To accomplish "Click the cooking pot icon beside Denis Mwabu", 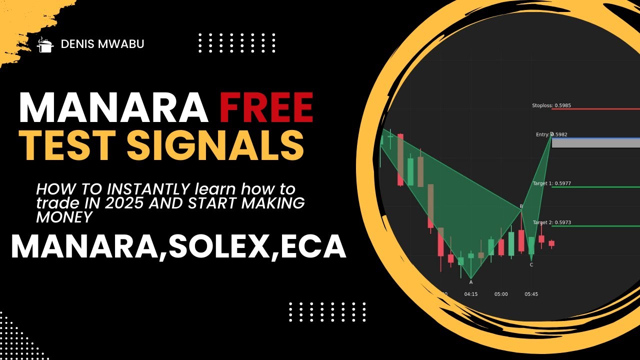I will (45, 44).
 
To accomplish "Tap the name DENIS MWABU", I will (102, 44).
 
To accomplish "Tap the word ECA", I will (312, 246).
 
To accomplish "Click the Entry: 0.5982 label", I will (551, 134).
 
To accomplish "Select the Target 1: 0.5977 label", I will (551, 183).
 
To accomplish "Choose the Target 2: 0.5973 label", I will (551, 222).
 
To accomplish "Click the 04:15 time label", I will (470, 294).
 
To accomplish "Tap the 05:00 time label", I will (501, 294).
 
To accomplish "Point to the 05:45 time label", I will (531, 294).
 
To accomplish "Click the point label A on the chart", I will (471, 282).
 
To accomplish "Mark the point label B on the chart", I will (521, 206).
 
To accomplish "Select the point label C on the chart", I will (531, 264).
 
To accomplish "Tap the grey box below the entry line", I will (595, 143).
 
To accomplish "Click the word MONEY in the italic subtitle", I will (64, 217).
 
